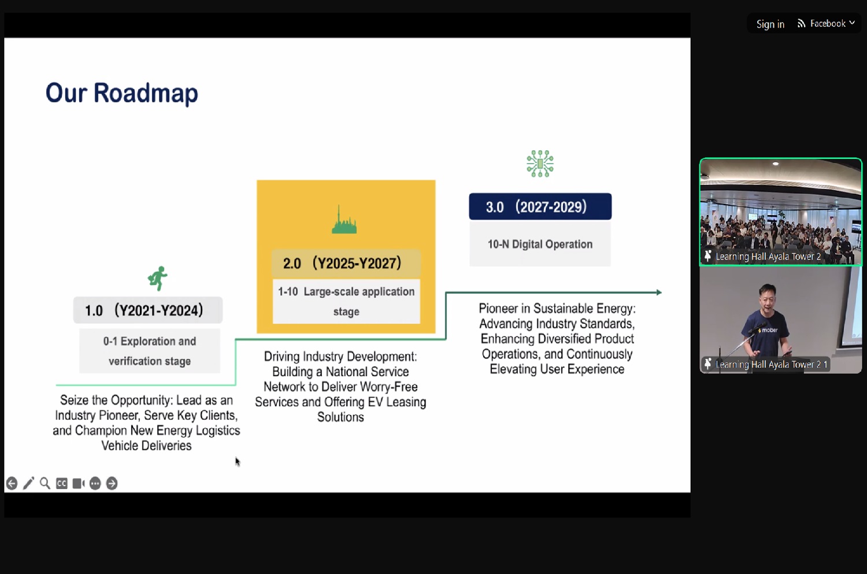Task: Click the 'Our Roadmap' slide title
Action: point(121,93)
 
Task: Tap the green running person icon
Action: point(158,278)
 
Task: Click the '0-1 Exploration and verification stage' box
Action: point(150,351)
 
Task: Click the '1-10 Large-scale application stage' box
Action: point(346,302)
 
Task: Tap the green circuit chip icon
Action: point(540,164)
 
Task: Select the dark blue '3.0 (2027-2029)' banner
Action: point(540,207)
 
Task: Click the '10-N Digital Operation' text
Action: point(540,245)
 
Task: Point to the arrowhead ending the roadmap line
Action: point(659,292)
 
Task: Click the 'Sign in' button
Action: point(770,24)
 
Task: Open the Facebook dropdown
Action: point(826,24)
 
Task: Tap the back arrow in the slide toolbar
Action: point(12,483)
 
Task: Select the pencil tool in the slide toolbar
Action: point(29,483)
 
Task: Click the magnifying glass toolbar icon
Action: point(45,483)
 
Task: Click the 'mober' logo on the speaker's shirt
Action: point(768,330)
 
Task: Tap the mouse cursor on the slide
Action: point(238,462)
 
